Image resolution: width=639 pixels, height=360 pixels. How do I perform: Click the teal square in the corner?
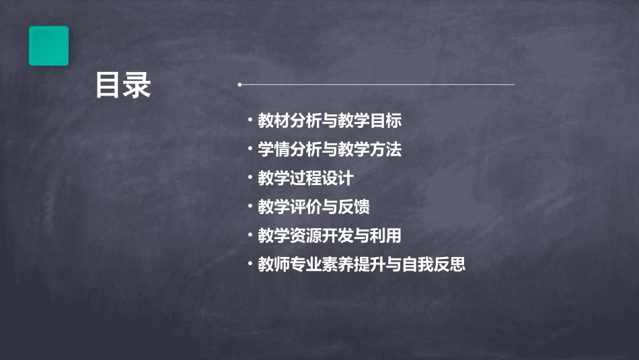point(48,46)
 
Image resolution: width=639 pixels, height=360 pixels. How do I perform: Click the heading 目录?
point(123,85)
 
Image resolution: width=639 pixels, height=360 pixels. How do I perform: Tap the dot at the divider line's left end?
point(239,85)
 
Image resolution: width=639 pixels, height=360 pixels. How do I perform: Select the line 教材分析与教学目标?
point(330,121)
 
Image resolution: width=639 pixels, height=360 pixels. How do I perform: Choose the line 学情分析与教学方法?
point(330,150)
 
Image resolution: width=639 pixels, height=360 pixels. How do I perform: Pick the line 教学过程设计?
point(305,179)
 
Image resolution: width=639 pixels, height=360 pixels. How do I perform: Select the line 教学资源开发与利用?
point(330,236)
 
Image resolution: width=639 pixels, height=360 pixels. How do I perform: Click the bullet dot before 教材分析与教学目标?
point(250,121)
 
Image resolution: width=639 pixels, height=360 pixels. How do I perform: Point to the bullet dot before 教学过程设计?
point(250,178)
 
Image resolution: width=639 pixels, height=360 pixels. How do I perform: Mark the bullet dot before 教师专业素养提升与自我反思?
point(250,264)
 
